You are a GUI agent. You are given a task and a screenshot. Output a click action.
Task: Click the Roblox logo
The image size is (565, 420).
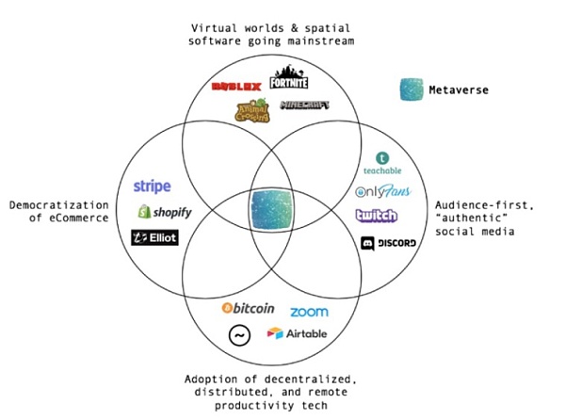pos(235,87)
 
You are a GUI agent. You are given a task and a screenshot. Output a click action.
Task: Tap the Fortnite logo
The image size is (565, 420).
pos(288,79)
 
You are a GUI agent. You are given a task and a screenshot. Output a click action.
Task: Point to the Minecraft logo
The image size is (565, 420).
pos(307,105)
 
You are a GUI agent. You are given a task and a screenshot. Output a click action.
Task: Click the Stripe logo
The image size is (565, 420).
pos(152,186)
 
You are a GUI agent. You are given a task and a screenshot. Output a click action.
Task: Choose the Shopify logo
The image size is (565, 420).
pos(165,212)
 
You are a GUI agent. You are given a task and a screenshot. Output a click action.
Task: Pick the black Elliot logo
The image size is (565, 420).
pos(154,237)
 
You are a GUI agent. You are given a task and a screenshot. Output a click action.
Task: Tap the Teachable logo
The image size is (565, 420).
pos(381,164)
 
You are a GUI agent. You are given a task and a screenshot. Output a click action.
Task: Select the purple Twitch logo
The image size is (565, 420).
pos(377,217)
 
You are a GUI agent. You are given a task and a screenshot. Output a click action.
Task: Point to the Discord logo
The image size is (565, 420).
pos(389,243)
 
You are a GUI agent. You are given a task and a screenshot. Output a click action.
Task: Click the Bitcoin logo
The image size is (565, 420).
pos(248,308)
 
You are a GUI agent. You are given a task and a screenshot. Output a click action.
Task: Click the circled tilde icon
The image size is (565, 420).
pos(238,334)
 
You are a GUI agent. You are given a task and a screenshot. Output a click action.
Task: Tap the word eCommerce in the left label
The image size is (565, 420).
pos(72,218)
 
